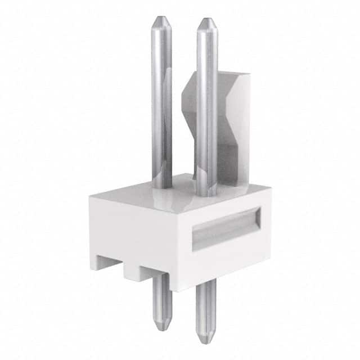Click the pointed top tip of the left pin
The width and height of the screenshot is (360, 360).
(161, 19)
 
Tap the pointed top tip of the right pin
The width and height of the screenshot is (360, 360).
(207, 21)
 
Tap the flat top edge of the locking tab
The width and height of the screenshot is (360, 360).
(231, 74)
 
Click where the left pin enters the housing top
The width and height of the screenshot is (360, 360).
(162, 186)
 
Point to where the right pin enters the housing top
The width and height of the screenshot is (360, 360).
(206, 194)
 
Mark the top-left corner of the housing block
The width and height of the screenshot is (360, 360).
(91, 196)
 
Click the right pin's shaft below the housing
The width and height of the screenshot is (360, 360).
(206, 309)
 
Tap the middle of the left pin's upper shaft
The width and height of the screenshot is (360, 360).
(161, 101)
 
